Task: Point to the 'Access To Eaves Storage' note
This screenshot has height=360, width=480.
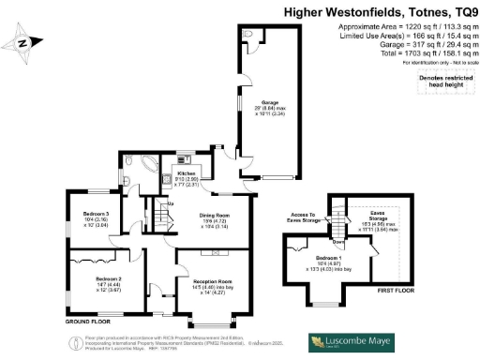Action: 300,217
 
